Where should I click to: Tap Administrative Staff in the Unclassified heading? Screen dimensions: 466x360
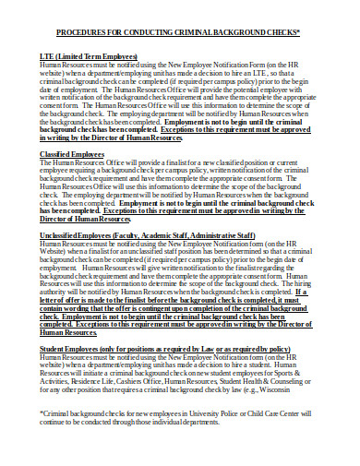(243, 236)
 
